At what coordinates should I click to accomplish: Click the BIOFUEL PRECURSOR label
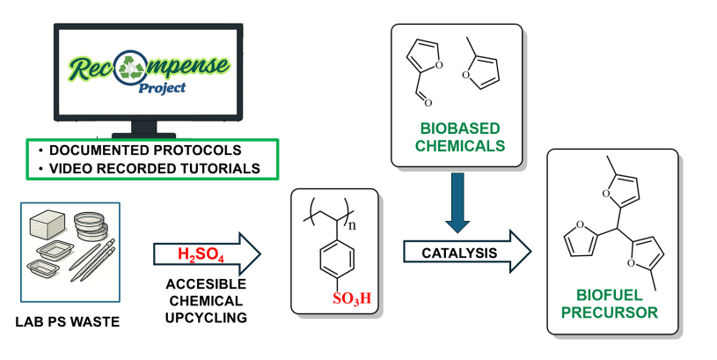pos(612,302)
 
